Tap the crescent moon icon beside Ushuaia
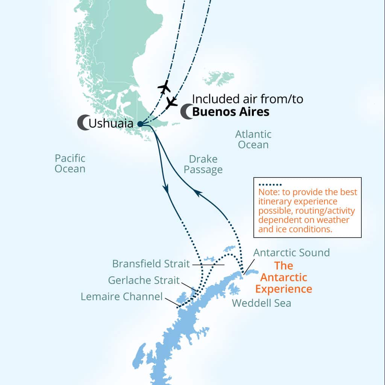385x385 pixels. (x=83, y=123)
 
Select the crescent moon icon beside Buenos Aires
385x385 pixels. (x=186, y=112)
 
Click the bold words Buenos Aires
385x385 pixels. (x=231, y=112)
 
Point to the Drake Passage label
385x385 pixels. (x=203, y=165)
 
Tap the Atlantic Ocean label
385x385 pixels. (x=253, y=139)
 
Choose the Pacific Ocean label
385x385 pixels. (x=70, y=163)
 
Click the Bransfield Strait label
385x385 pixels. (x=151, y=264)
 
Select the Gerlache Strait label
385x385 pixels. (x=144, y=280)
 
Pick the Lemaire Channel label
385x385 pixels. (x=122, y=297)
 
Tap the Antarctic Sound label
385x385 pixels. (x=291, y=252)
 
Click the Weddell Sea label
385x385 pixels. (x=261, y=303)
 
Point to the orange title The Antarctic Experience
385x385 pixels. (x=283, y=277)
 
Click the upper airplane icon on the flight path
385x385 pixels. (x=164, y=87)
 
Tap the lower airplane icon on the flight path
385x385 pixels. (x=171, y=102)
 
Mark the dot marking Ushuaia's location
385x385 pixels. (x=140, y=124)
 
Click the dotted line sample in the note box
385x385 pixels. (x=270, y=185)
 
